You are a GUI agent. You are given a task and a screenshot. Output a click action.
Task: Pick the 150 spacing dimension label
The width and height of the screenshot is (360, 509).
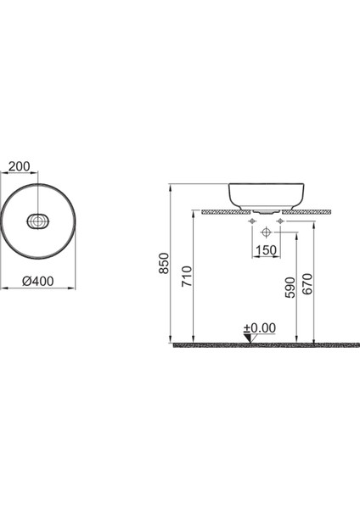266,251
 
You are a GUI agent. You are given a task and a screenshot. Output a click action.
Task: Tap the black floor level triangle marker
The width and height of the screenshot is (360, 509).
247,338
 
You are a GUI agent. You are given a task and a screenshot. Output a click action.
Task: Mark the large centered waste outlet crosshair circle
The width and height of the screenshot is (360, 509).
266,231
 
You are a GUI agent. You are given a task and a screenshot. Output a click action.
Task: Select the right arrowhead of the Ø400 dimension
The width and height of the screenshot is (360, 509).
73,288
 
